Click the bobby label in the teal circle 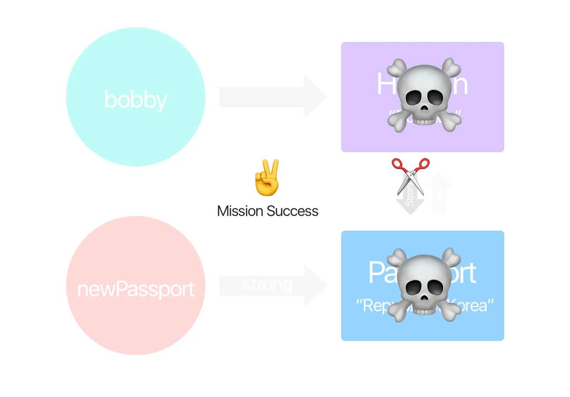(135, 100)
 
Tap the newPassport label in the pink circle (135, 289)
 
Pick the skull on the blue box (424, 285)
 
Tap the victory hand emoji (267, 178)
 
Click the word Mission (240, 211)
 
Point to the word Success (292, 211)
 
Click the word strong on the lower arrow (268, 285)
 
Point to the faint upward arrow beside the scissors (439, 192)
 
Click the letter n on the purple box (460, 85)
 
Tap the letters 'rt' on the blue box (465, 273)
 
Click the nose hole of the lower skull (423, 297)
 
